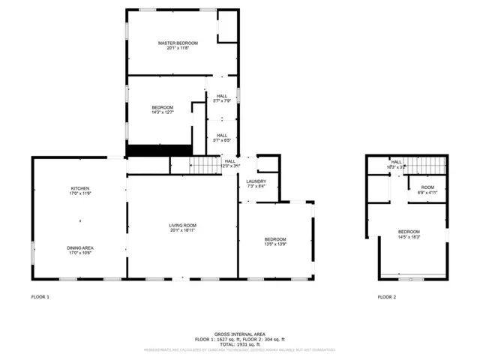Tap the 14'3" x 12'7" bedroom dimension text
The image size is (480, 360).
coord(163,112)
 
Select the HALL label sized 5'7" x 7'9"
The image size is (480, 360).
coord(222,96)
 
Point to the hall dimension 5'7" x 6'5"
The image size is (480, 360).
coord(222,140)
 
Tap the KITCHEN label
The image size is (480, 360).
coord(80,188)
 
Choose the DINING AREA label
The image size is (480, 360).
coord(80,247)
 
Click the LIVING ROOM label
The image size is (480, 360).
coord(181,225)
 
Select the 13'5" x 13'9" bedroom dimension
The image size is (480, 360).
coord(275,244)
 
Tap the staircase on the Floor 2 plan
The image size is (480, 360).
coord(429,164)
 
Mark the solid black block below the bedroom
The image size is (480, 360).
coord(147,150)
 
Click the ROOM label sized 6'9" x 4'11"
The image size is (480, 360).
coord(427,187)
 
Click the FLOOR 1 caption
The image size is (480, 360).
coord(40,297)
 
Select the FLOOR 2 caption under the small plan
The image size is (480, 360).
coord(386,297)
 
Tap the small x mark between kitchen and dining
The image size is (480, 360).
coord(80,220)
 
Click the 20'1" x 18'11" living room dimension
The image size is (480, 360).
coord(181,230)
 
